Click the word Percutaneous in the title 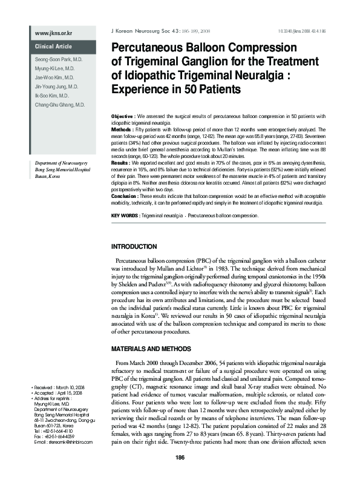tap(154, 47)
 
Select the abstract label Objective tap(123, 115)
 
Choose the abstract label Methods tap(123, 130)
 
